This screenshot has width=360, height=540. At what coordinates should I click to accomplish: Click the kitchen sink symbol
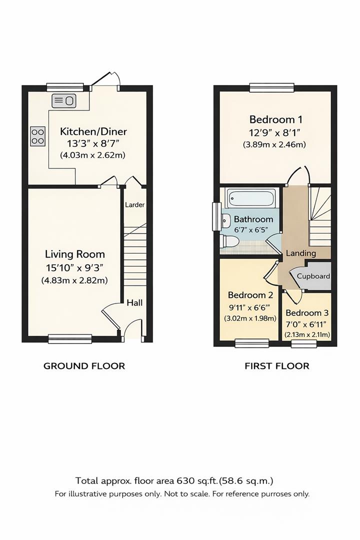click(x=63, y=100)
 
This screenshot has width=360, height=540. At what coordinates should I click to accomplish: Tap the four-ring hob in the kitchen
click(x=38, y=135)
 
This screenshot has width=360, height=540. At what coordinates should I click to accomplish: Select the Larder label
click(x=134, y=204)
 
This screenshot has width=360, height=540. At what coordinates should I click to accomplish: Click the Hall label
click(x=134, y=302)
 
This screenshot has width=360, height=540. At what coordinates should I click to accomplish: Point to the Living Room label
click(x=75, y=254)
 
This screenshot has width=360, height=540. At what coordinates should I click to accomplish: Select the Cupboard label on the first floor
click(x=313, y=276)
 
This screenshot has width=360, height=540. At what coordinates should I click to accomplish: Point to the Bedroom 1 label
click(x=275, y=119)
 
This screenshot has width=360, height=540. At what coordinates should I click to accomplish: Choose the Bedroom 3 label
click(x=307, y=313)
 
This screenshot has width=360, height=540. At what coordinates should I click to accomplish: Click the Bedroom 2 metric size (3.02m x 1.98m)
click(x=250, y=318)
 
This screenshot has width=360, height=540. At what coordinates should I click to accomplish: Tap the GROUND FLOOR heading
click(x=84, y=366)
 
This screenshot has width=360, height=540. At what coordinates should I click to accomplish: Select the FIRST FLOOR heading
click(x=276, y=366)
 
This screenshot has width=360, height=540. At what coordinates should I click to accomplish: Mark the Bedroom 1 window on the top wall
click(x=270, y=87)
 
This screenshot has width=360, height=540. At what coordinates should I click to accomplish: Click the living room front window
click(x=70, y=339)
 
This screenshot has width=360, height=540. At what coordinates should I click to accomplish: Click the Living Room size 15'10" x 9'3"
click(x=75, y=267)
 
